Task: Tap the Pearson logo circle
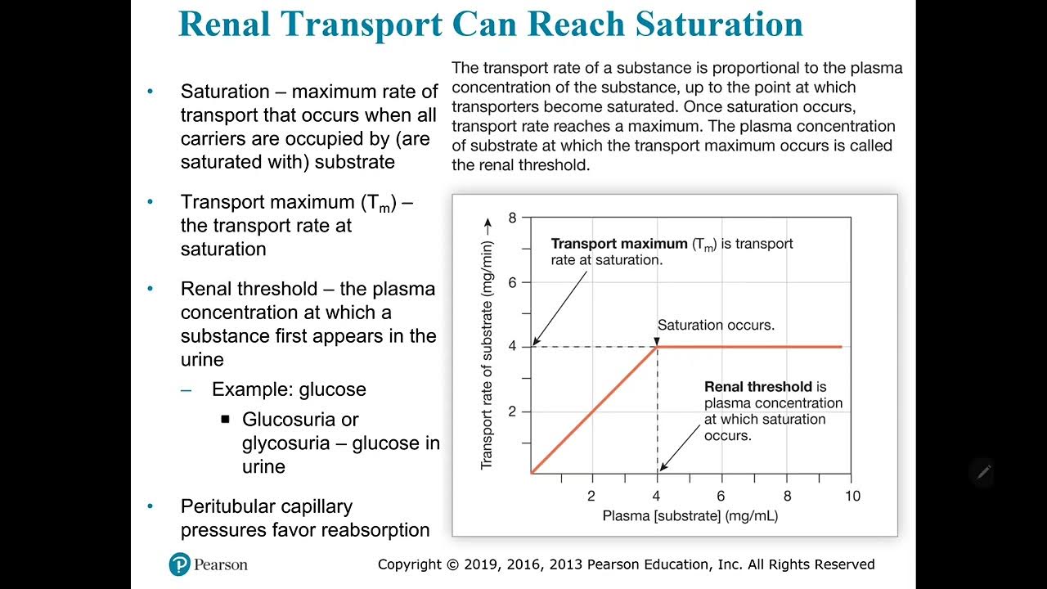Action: coord(180,564)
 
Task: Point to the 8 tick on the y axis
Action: coord(513,218)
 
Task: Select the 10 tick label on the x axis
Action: coord(852,496)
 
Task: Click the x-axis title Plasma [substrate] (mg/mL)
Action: coord(690,516)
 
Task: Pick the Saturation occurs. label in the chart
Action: coord(716,325)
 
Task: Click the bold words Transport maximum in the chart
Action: coord(618,244)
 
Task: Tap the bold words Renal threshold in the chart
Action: coord(758,387)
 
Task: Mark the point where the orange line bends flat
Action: coord(658,347)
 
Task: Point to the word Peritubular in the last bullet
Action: coord(232,506)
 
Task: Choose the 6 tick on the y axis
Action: coord(513,282)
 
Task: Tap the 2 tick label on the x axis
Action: coord(591,496)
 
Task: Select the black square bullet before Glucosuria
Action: coord(226,420)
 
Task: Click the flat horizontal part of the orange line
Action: coord(753,347)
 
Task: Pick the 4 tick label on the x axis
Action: coord(657,496)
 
